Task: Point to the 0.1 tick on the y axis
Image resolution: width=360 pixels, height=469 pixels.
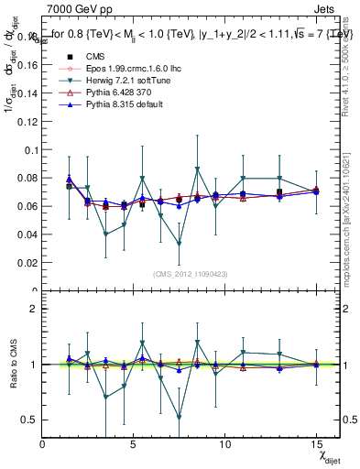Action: pyautogui.click(x=28, y=149)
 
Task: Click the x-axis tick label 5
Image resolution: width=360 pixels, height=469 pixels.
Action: pyautogui.click(x=134, y=443)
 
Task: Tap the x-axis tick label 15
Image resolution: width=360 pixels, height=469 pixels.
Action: pyautogui.click(x=315, y=443)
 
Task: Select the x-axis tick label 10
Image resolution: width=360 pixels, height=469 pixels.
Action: pyautogui.click(x=224, y=443)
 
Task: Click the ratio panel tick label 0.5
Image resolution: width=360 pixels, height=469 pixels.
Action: pyautogui.click(x=28, y=420)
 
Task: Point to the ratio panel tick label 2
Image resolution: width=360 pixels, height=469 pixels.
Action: pyautogui.click(x=33, y=309)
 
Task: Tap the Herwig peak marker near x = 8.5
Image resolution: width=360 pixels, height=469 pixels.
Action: pyautogui.click(x=197, y=169)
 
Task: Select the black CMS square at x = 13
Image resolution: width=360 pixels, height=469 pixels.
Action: pyautogui.click(x=279, y=192)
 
